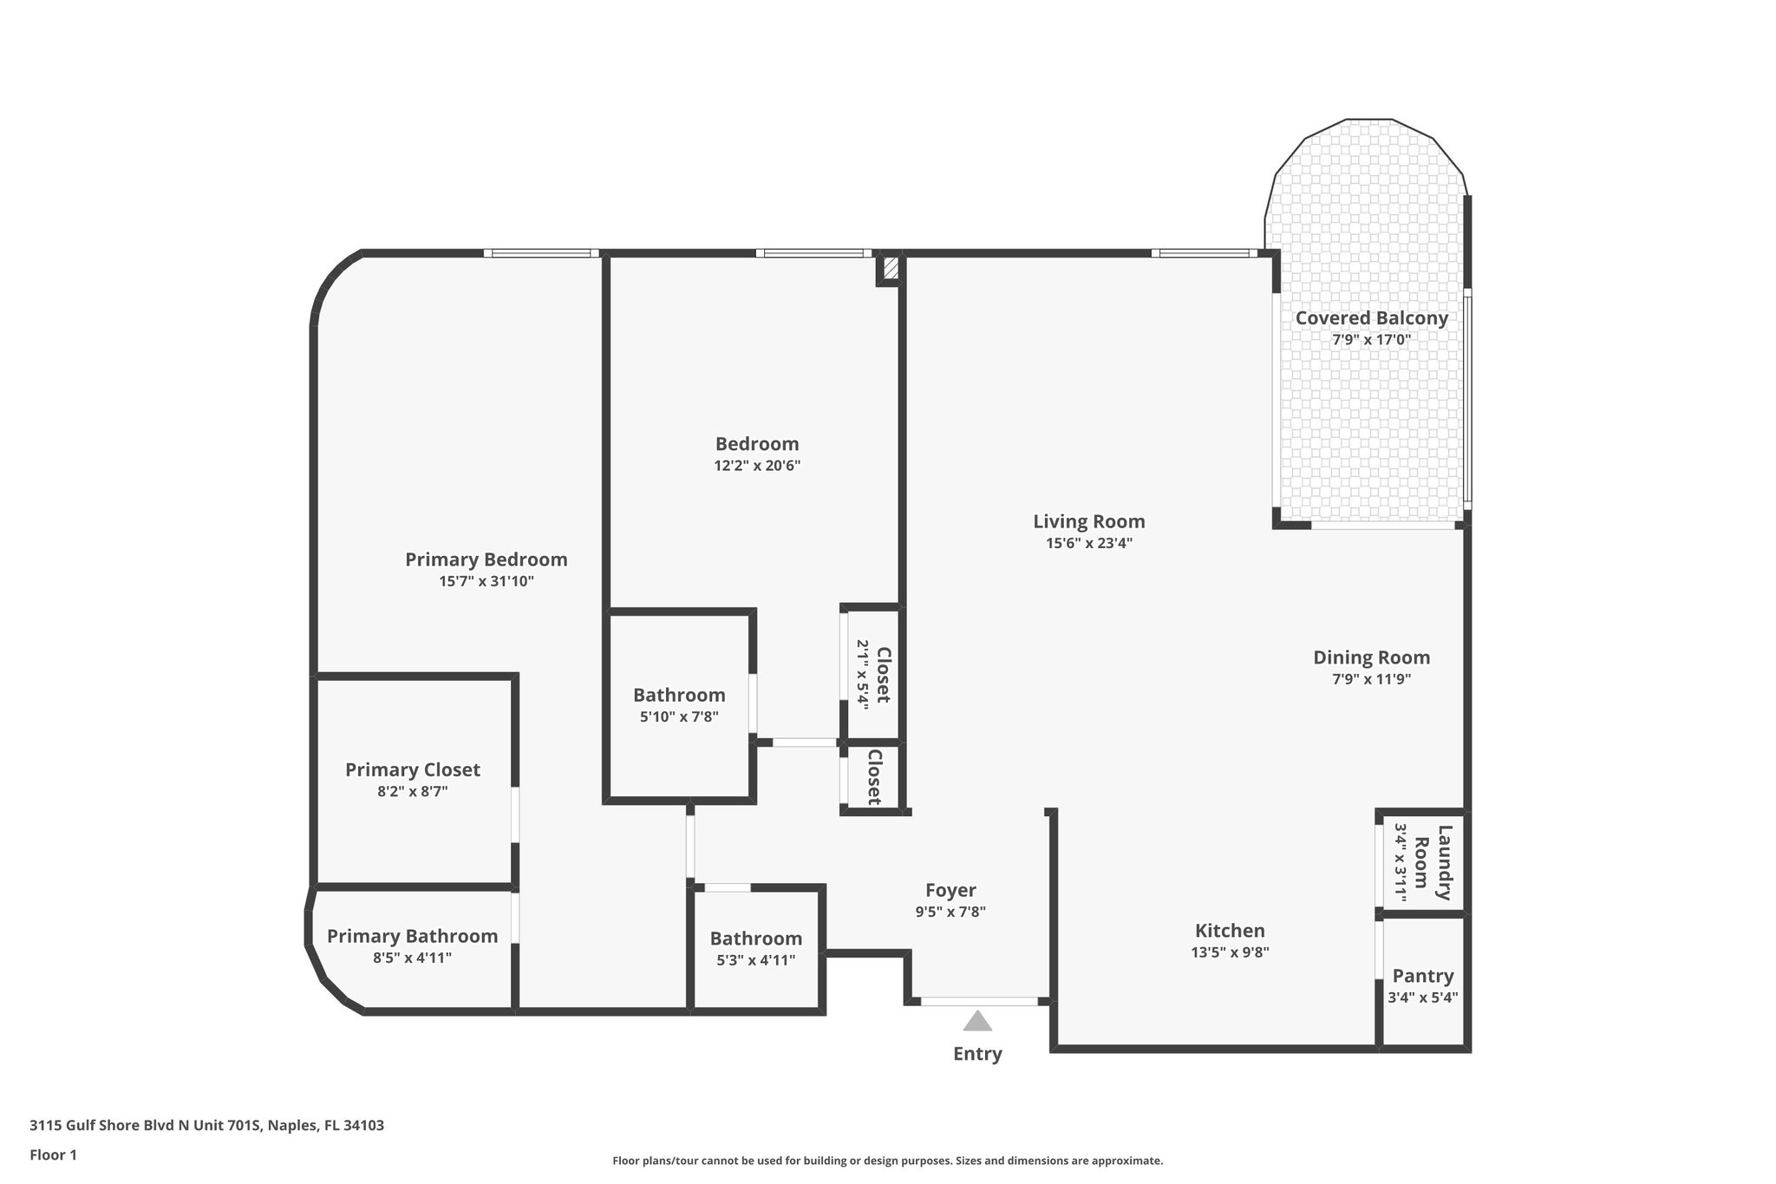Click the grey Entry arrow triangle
click(x=977, y=1022)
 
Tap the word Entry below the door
click(x=977, y=1054)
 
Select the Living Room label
click(x=1088, y=521)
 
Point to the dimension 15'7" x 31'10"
click(x=486, y=581)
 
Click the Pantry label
click(x=1422, y=976)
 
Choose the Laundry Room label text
click(x=1433, y=862)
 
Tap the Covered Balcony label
click(x=1371, y=318)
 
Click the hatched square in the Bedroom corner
click(x=889, y=268)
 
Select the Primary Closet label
click(x=412, y=769)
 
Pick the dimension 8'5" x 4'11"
click(x=412, y=958)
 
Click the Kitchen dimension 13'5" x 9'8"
click(x=1230, y=952)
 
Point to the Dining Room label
click(x=1371, y=657)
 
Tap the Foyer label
click(x=950, y=890)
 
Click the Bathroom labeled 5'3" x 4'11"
click(x=755, y=939)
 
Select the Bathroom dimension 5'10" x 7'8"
click(x=679, y=716)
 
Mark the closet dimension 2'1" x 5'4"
click(x=863, y=676)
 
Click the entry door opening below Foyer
click(x=979, y=1001)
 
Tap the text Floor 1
click(x=53, y=1155)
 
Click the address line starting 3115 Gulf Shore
click(x=206, y=1126)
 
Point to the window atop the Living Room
click(x=1204, y=253)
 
